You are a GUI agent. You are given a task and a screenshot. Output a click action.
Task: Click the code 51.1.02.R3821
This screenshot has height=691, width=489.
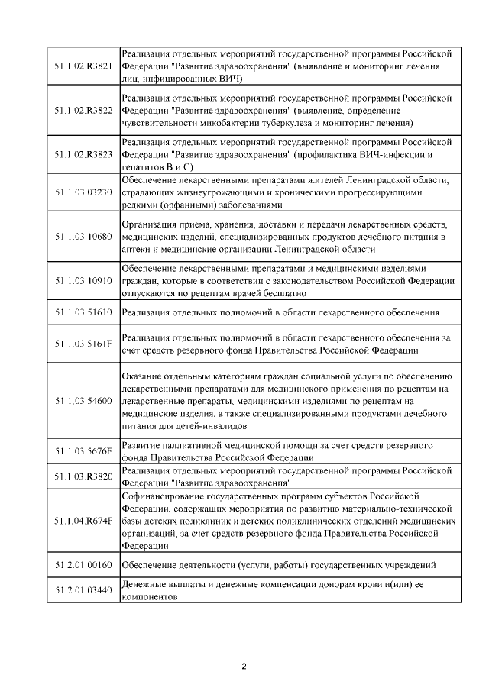(84, 66)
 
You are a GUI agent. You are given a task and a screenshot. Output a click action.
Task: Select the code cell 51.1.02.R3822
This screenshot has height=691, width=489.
(84, 110)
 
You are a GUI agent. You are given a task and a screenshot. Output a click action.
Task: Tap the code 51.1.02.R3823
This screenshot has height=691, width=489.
(84, 154)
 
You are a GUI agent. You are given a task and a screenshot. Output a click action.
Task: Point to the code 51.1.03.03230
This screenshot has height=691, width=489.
(84, 192)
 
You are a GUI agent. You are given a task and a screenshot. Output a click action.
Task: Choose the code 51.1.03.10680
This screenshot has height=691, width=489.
(84, 237)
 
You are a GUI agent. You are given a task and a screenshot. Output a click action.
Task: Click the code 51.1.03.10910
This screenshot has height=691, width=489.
(84, 281)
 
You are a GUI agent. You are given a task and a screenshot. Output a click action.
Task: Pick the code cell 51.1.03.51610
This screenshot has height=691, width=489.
(84, 312)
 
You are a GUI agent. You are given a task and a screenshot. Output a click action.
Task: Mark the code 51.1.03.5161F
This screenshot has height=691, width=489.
(84, 344)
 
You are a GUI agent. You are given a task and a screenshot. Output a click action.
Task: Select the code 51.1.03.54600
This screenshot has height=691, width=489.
(84, 400)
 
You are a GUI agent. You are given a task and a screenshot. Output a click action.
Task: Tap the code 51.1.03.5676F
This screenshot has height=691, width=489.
(84, 450)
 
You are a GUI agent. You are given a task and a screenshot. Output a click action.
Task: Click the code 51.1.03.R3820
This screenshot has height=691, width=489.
(84, 476)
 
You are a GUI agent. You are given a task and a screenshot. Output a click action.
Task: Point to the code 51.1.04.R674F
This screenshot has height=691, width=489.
(84, 521)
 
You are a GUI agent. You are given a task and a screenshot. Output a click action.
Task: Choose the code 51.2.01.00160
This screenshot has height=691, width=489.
(84, 565)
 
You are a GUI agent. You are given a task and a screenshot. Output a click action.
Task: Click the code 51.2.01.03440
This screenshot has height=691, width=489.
(84, 591)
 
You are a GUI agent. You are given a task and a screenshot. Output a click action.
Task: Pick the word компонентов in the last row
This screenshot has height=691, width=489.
(150, 598)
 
